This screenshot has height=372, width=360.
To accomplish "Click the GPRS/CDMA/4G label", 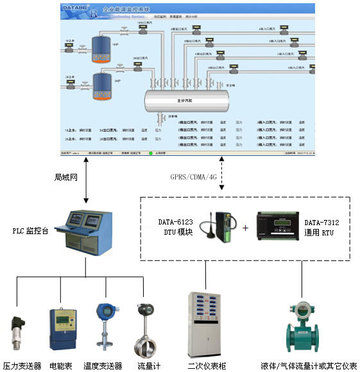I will [x=192, y=175].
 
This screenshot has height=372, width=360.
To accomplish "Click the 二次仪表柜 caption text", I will [x=205, y=366].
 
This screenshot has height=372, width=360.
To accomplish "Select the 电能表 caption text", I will [x=62, y=366].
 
